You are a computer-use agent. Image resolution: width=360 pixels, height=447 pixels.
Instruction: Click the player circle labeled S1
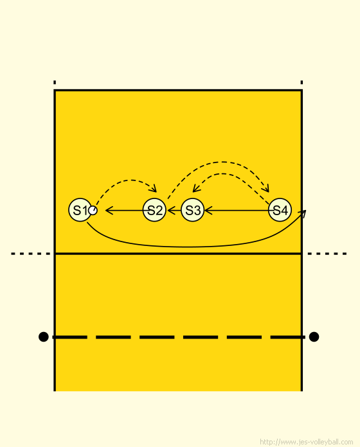[x=80, y=210]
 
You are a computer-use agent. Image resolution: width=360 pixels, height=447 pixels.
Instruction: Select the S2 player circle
[x=154, y=210]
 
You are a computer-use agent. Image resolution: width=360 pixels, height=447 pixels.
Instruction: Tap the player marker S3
[x=193, y=210]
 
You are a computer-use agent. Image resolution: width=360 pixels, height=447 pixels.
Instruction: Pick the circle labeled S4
[x=280, y=210]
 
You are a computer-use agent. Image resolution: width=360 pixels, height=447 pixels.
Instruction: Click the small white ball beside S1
[x=93, y=211]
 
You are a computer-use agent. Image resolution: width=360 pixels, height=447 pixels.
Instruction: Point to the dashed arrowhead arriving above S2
[x=154, y=188]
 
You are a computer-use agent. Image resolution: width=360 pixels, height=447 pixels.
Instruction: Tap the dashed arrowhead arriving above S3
[x=196, y=188]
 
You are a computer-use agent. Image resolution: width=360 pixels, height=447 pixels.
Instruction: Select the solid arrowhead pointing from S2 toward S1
[x=109, y=211]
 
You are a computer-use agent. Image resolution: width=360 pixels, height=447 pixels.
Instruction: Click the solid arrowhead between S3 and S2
[x=172, y=211]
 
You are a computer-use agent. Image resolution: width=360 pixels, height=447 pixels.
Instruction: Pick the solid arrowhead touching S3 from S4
[x=208, y=211]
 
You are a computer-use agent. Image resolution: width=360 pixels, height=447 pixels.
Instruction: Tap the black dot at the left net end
[x=43, y=337]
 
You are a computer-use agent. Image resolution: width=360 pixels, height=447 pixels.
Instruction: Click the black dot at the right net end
[x=314, y=337]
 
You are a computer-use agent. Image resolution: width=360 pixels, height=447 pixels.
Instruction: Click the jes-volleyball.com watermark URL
[x=307, y=442]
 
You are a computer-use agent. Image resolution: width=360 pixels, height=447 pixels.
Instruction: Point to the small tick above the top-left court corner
[x=55, y=82]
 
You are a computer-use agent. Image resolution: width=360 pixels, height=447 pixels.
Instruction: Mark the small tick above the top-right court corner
[x=301, y=82]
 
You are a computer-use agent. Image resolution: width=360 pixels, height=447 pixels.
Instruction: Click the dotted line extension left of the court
[x=30, y=254]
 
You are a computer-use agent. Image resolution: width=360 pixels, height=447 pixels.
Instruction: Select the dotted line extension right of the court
[x=327, y=254]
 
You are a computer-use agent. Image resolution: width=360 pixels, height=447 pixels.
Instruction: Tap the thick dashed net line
[x=179, y=337]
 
